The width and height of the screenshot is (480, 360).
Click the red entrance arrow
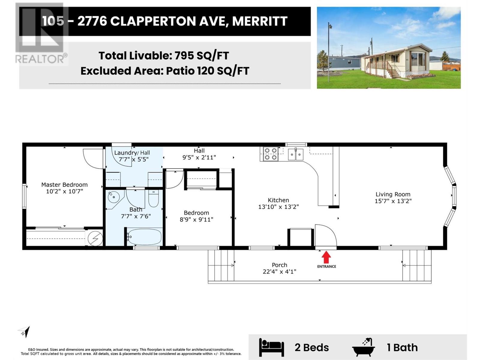click(326, 257)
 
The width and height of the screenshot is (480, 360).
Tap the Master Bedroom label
click(64, 185)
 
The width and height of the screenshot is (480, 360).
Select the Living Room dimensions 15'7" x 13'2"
click(393, 201)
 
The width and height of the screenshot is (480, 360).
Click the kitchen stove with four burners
click(271, 154)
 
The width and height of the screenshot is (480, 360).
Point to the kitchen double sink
click(296, 154)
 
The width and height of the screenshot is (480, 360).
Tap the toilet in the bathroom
click(154, 199)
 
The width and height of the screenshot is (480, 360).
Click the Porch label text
click(279, 265)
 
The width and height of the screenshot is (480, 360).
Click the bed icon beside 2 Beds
click(271, 347)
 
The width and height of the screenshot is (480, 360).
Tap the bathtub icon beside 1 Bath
click(364, 347)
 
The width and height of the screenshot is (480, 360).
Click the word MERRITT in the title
click(260, 21)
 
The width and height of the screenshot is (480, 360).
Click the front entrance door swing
click(325, 235)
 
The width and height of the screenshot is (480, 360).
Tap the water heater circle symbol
click(95, 239)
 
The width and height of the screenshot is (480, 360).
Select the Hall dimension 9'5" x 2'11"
click(199, 157)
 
